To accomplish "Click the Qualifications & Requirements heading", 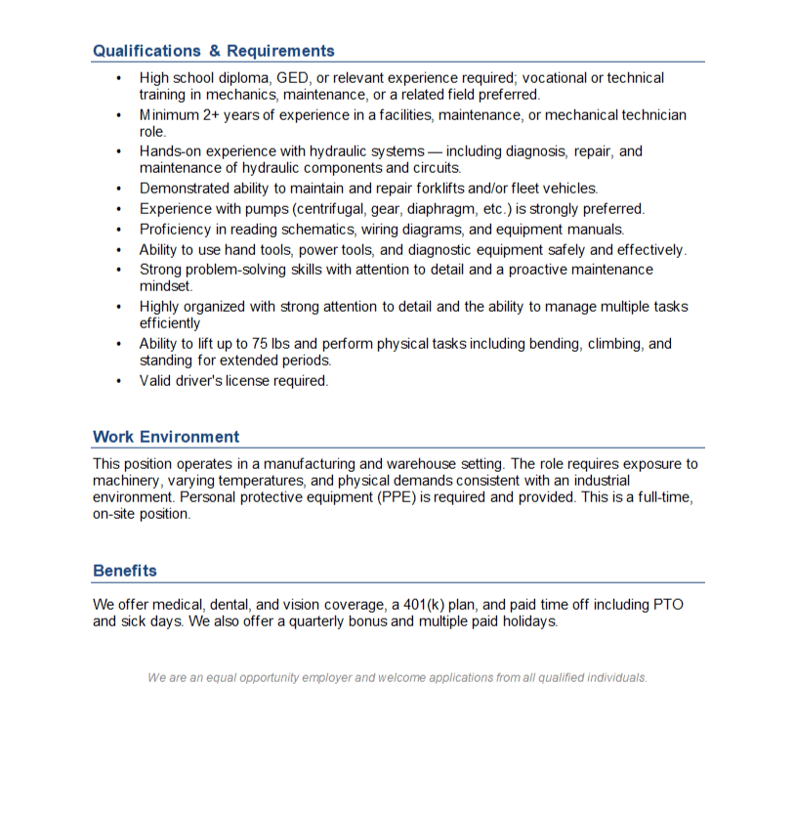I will pos(213,51).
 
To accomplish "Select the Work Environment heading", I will pos(166,437).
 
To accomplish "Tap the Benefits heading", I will pos(125,571).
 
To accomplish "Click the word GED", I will pos(293,78).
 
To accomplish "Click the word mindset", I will pos(166,286).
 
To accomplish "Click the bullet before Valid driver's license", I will pos(118,381).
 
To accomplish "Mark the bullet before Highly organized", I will pos(118,307).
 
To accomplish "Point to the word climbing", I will pos(610,344).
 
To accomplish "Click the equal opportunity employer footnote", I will pos(397,677).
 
